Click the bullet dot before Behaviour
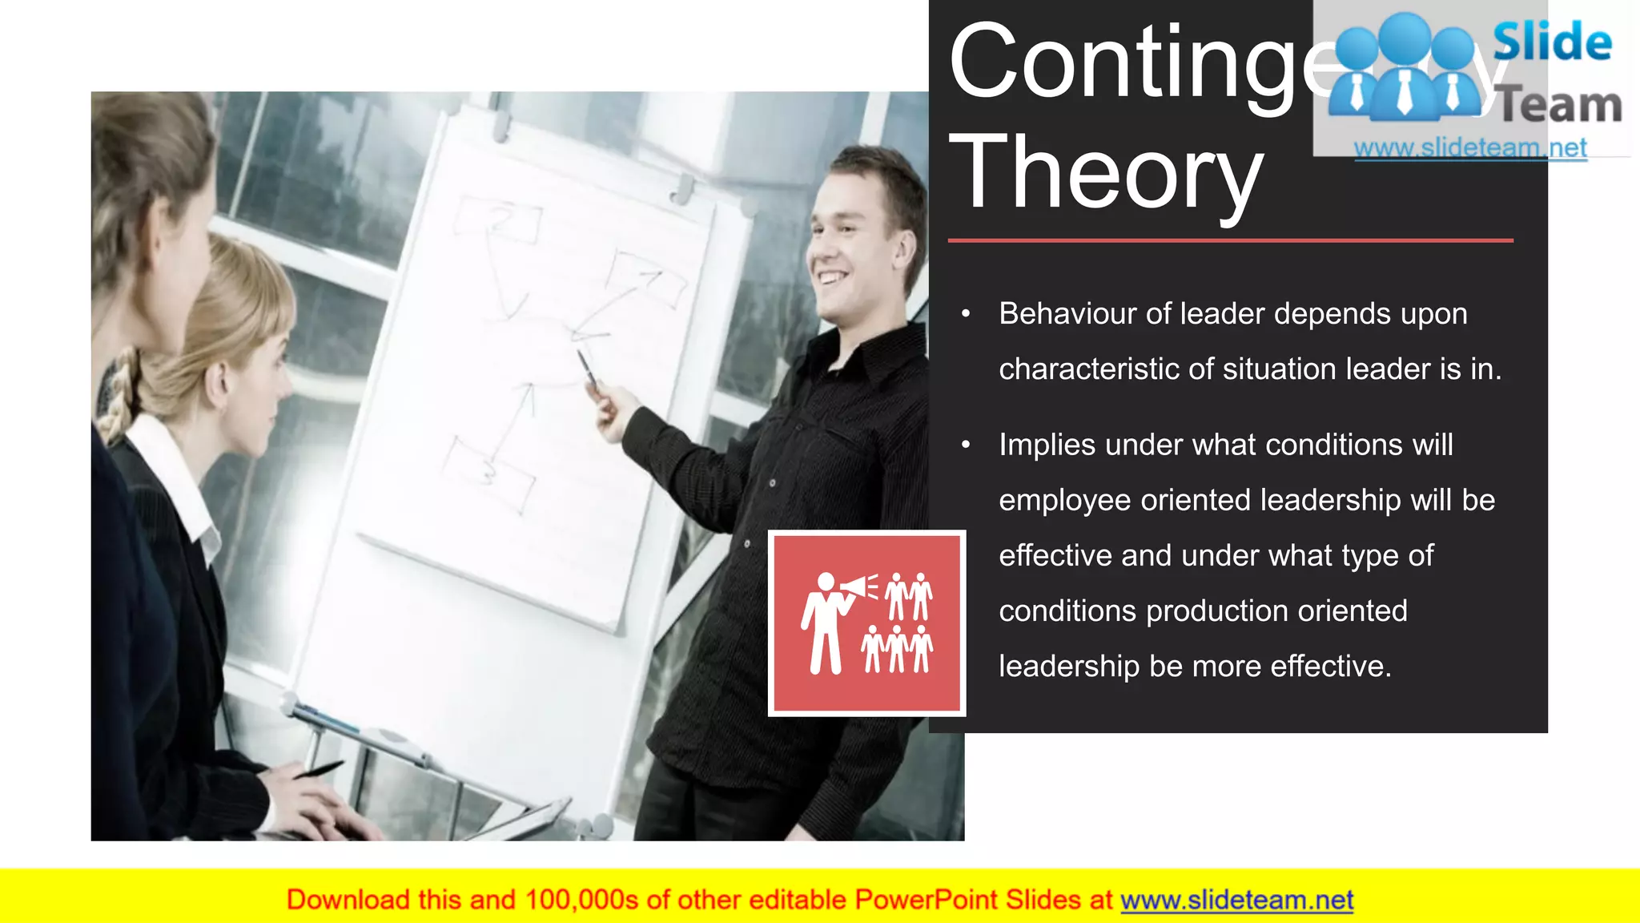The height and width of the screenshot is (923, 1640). pos(966,314)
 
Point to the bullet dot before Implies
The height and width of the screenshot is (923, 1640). pos(966,445)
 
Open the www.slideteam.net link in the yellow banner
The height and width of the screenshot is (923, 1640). pos(1236,901)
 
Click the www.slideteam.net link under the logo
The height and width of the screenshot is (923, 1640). pos(1470,148)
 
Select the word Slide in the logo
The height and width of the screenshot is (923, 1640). pos(1552,42)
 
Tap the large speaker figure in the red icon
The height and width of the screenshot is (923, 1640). pos(824,625)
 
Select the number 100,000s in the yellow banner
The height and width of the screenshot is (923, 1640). pos(582,901)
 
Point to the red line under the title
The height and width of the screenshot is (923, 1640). pos(1230,240)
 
